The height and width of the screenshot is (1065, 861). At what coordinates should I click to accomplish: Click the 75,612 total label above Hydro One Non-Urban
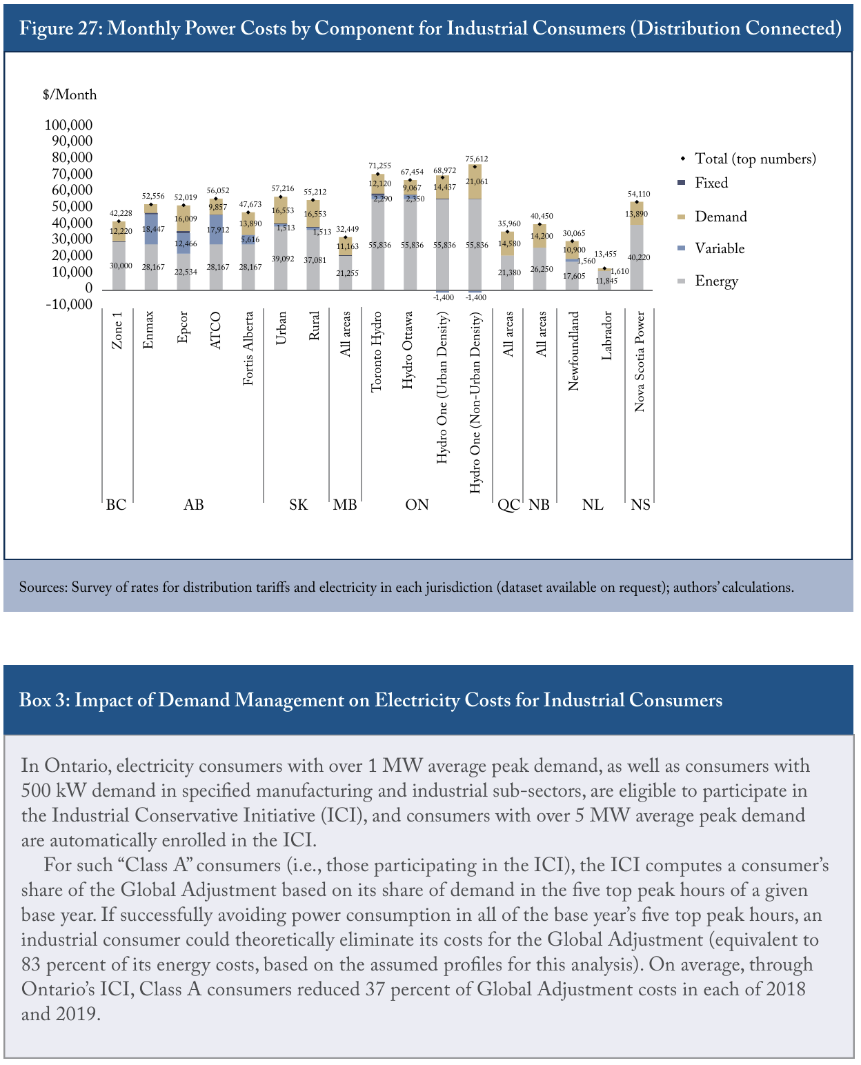477,159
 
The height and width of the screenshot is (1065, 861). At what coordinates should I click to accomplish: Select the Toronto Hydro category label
377,352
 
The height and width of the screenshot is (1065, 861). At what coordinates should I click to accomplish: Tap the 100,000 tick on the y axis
68,124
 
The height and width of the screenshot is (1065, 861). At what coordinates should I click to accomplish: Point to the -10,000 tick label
69,304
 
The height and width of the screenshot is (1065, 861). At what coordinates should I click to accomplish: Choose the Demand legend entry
712,217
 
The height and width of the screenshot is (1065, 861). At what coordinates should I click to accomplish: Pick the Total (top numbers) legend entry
748,159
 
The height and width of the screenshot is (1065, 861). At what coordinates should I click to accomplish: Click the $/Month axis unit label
70,94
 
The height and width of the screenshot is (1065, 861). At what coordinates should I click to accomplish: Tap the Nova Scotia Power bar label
639,361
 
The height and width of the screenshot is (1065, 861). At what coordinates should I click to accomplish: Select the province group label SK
299,504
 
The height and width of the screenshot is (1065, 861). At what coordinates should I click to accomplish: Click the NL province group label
593,504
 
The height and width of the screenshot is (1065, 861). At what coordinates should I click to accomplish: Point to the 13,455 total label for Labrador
605,254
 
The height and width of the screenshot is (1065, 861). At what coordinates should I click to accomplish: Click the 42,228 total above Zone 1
121,213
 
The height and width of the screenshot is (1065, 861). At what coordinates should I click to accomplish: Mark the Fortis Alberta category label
248,348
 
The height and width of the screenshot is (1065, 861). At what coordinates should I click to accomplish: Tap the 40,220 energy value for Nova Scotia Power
639,257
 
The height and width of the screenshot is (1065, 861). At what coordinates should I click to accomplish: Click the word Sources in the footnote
43,587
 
